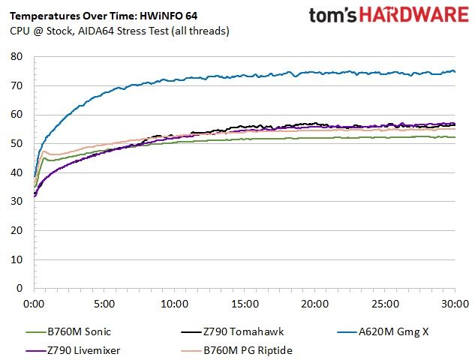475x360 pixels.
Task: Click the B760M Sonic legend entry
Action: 68,331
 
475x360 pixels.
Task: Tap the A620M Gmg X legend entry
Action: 383,331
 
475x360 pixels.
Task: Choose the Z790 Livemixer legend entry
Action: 73,350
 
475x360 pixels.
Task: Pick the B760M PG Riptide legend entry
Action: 237,350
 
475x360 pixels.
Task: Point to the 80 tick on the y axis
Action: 17,56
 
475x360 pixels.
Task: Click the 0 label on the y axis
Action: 20,288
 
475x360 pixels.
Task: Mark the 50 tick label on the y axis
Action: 17,143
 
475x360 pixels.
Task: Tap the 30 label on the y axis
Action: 17,201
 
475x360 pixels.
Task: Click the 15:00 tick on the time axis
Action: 245,304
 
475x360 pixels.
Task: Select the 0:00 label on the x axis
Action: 34,304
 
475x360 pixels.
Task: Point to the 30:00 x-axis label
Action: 455,304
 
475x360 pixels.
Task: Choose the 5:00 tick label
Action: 104,304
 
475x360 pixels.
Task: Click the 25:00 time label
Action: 385,304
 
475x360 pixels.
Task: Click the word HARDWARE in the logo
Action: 413,15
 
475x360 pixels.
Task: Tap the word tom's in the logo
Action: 332,15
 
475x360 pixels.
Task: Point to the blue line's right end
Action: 455,72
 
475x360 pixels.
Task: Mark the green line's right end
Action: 455,137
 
